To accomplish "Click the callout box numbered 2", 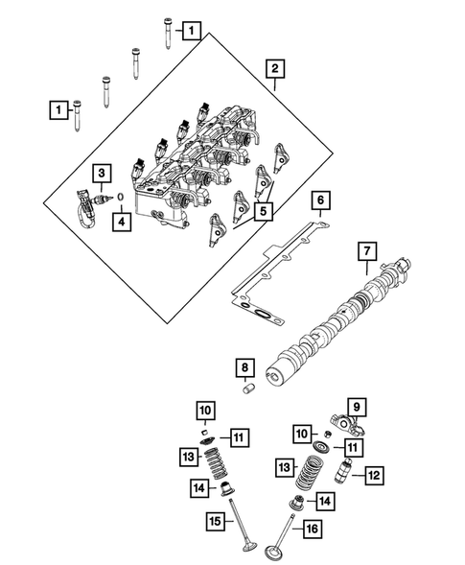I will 275,69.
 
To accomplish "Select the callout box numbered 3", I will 100,173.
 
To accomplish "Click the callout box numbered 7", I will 365,253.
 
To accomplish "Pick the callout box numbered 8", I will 244,367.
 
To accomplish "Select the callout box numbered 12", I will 374,473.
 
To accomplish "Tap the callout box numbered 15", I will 216,521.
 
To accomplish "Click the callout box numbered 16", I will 311,528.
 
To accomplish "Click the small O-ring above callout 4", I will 122,200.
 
